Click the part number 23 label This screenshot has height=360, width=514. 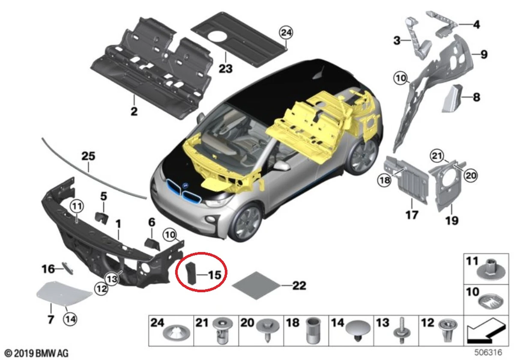pos(225,68)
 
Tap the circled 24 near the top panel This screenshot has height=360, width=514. pos(286,32)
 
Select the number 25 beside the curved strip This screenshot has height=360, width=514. pos(88,156)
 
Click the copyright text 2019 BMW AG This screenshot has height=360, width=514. pos(34,354)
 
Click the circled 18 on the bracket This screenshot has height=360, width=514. pos(384,180)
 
